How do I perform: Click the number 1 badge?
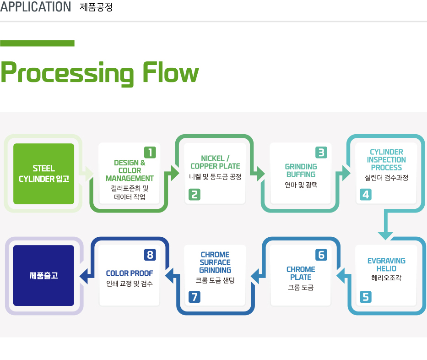click(150, 153)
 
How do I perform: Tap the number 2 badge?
click(195, 195)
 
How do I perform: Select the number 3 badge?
click(321, 153)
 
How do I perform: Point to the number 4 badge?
click(366, 195)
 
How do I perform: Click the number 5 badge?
click(366, 297)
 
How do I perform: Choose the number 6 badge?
click(321, 255)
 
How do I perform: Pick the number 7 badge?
click(195, 297)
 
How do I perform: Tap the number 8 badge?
click(150, 255)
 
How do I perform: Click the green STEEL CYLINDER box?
click(43, 174)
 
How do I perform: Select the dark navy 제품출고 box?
click(43, 276)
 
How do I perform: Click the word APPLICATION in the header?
click(35, 6)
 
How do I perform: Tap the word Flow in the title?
click(171, 72)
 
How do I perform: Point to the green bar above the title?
click(37, 44)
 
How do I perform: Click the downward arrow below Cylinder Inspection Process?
click(386, 224)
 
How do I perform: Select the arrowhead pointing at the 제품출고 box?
click(84, 276)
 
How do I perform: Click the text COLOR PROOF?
click(130, 273)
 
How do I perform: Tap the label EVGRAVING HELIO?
click(386, 265)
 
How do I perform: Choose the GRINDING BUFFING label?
click(301, 170)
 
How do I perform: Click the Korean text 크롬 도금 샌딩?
click(215, 280)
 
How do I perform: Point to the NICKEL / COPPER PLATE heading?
click(215, 162)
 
